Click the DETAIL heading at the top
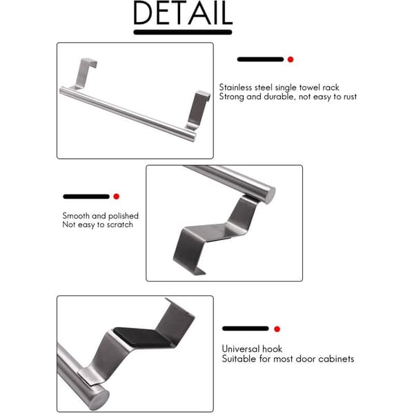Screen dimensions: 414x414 tap(183, 12)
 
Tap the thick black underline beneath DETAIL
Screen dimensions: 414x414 tap(183, 32)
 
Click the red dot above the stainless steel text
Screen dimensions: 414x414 tap(290, 59)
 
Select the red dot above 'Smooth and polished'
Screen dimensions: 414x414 tap(116, 197)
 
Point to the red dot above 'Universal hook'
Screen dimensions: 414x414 tap(277, 329)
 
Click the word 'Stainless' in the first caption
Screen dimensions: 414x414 tap(235, 88)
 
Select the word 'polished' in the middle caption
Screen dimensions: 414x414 tap(124, 216)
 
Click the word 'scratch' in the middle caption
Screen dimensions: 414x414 tap(119, 225)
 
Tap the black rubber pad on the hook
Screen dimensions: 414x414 tap(143, 337)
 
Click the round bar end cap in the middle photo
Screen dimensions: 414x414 tap(270, 195)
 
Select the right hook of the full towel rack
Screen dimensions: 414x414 tap(197, 110)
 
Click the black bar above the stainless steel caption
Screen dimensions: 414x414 tap(260, 59)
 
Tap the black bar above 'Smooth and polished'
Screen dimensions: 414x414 tap(86, 197)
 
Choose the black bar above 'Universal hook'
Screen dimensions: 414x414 tap(246, 328)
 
